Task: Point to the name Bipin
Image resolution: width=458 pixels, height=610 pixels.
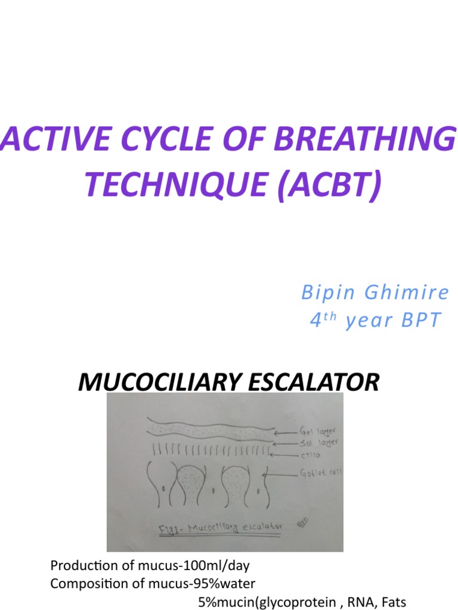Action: (327, 293)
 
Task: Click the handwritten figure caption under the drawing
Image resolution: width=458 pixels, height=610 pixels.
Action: (220, 527)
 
